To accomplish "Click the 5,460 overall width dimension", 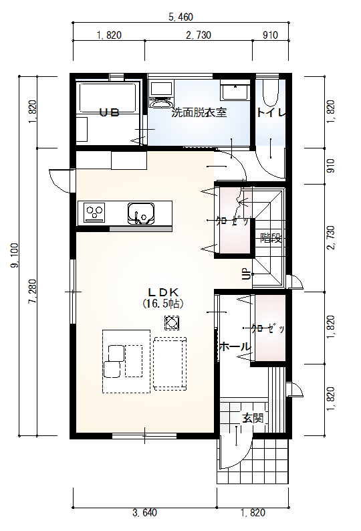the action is pos(181,17).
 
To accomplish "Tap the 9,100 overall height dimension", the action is pos(15,255).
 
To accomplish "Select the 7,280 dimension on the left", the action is pos(33,291).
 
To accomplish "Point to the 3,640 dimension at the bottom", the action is pos(144,513).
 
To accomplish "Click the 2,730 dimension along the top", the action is pos(199,35).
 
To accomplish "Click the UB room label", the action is pos(109,112).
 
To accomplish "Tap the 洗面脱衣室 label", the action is pos(199,112).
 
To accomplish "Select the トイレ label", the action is pos(271,112).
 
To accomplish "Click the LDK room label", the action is pos(163,292).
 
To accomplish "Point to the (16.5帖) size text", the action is pos(163,304).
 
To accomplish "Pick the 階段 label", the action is pos(271,238).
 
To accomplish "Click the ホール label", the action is pos(235,347).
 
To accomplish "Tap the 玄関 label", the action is pos(253,418).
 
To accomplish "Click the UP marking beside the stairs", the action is pos(247,274).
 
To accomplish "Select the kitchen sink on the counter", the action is pos(141,213).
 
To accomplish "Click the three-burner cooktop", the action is pos(94,212).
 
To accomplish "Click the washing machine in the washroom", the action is pos(161,94).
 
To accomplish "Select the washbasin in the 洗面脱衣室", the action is pos(235,92).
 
